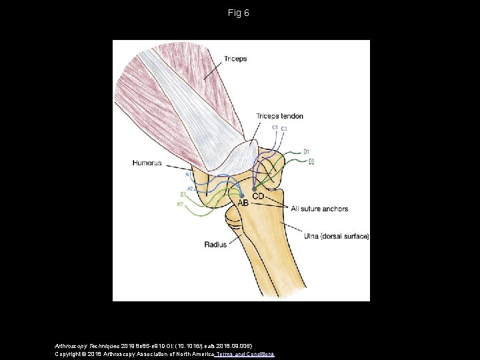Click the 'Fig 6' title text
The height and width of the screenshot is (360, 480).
point(239,13)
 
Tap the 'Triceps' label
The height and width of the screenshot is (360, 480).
point(235,59)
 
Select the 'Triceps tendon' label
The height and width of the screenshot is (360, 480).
point(279,116)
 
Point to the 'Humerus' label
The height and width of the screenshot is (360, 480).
point(147,162)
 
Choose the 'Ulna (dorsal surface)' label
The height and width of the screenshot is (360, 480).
point(336,236)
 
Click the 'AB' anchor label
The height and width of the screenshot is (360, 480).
point(243,203)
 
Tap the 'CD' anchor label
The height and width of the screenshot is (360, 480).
point(257,197)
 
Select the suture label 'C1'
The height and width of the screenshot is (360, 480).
point(275,127)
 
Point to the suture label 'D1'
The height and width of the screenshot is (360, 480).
point(307,152)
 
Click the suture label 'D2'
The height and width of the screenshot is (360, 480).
point(311,162)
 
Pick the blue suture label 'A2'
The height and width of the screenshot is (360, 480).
point(189,189)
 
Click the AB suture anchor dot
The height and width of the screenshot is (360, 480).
point(241,195)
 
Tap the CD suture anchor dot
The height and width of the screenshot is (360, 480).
point(254,189)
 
